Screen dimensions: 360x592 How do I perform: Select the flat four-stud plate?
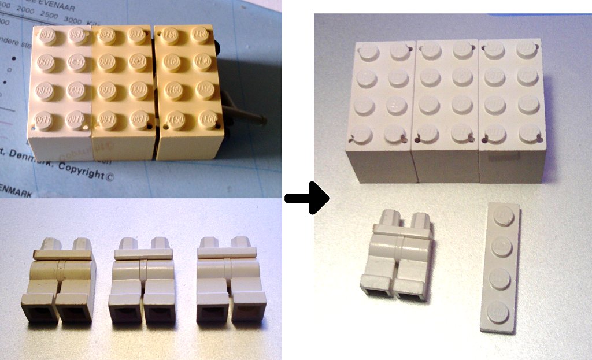[x=501, y=266]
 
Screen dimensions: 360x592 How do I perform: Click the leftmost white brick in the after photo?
[x=380, y=110]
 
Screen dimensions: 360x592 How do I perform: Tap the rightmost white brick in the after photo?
[x=512, y=110]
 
